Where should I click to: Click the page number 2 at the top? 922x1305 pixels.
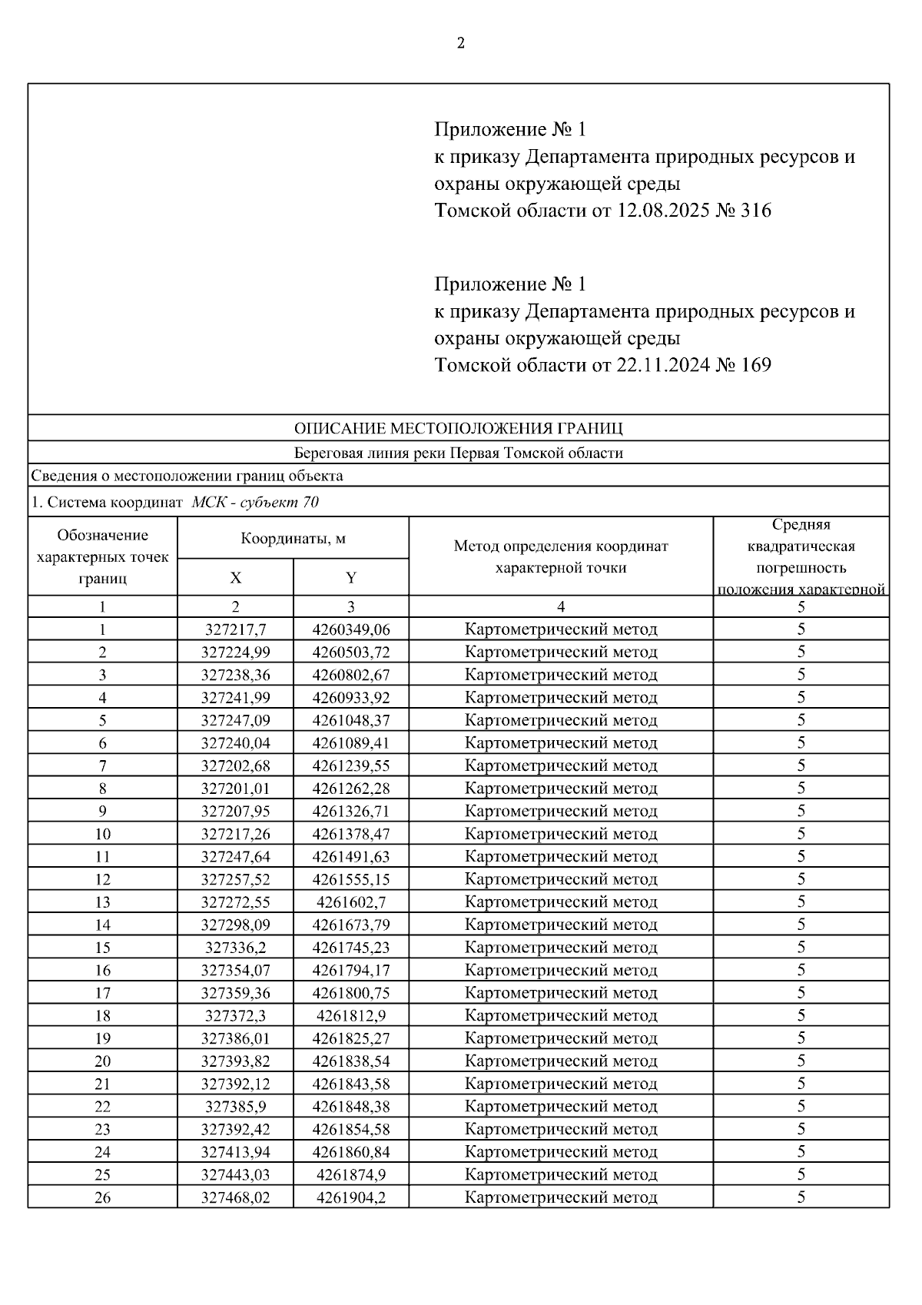click(461, 44)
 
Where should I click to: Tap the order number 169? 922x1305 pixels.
click(756, 365)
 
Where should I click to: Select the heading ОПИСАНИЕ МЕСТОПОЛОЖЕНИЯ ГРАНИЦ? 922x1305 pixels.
click(459, 428)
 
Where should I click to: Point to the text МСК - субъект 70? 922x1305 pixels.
click(255, 503)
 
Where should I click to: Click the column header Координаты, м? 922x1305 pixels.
click(293, 538)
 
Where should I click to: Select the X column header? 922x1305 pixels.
click(235, 578)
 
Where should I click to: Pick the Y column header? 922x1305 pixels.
click(351, 578)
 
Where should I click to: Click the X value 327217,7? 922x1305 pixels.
click(235, 629)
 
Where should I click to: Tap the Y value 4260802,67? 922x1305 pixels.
click(351, 675)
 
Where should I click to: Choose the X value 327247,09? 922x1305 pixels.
click(235, 720)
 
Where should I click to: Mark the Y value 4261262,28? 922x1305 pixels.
click(351, 789)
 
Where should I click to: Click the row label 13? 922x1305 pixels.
click(102, 902)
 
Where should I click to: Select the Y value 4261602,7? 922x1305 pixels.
click(351, 902)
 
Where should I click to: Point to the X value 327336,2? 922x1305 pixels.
click(235, 948)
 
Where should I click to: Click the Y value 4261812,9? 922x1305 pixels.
click(351, 1016)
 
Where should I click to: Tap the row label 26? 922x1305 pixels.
click(102, 1197)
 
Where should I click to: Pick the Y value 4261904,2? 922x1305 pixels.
click(351, 1197)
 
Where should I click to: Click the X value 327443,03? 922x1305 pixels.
click(235, 1174)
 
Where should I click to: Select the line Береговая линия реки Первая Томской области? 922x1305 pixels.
click(459, 453)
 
